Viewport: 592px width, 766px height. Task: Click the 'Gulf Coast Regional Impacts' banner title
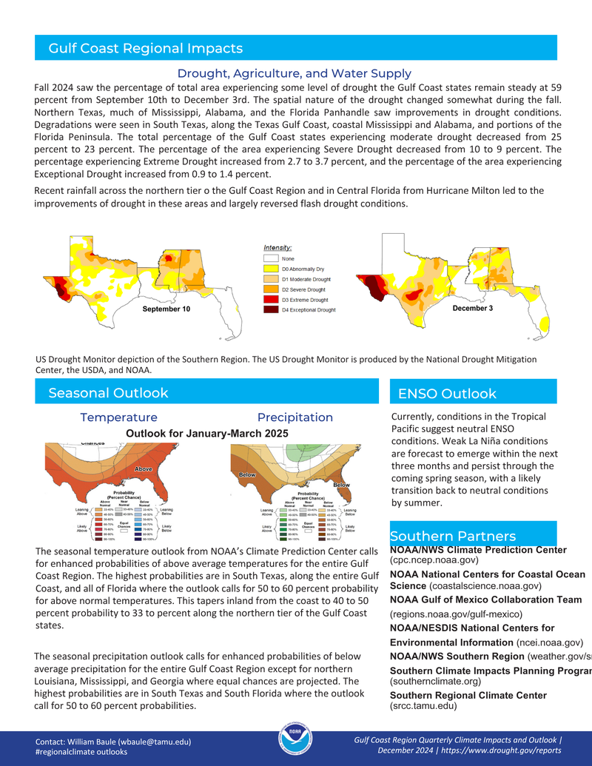point(145,49)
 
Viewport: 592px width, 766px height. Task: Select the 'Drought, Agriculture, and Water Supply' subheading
point(294,73)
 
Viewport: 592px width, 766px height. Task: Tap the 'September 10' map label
point(166,309)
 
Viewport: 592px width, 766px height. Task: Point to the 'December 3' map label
point(472,308)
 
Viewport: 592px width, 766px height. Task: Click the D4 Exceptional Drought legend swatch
point(270,310)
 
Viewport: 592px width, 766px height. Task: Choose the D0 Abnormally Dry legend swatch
point(270,269)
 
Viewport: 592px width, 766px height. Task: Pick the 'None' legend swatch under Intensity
point(270,259)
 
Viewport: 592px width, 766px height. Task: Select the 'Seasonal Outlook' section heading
point(108,393)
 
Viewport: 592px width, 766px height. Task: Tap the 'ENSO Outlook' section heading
point(447,394)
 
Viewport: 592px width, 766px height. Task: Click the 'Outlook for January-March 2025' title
point(207,433)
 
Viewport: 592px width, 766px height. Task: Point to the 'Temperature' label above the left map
point(118,417)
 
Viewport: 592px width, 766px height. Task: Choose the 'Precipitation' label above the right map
point(295,417)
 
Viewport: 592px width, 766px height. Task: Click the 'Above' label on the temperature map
point(144,469)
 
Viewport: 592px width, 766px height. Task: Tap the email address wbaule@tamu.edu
point(156,741)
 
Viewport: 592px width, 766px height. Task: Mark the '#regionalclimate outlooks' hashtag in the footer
point(81,751)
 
